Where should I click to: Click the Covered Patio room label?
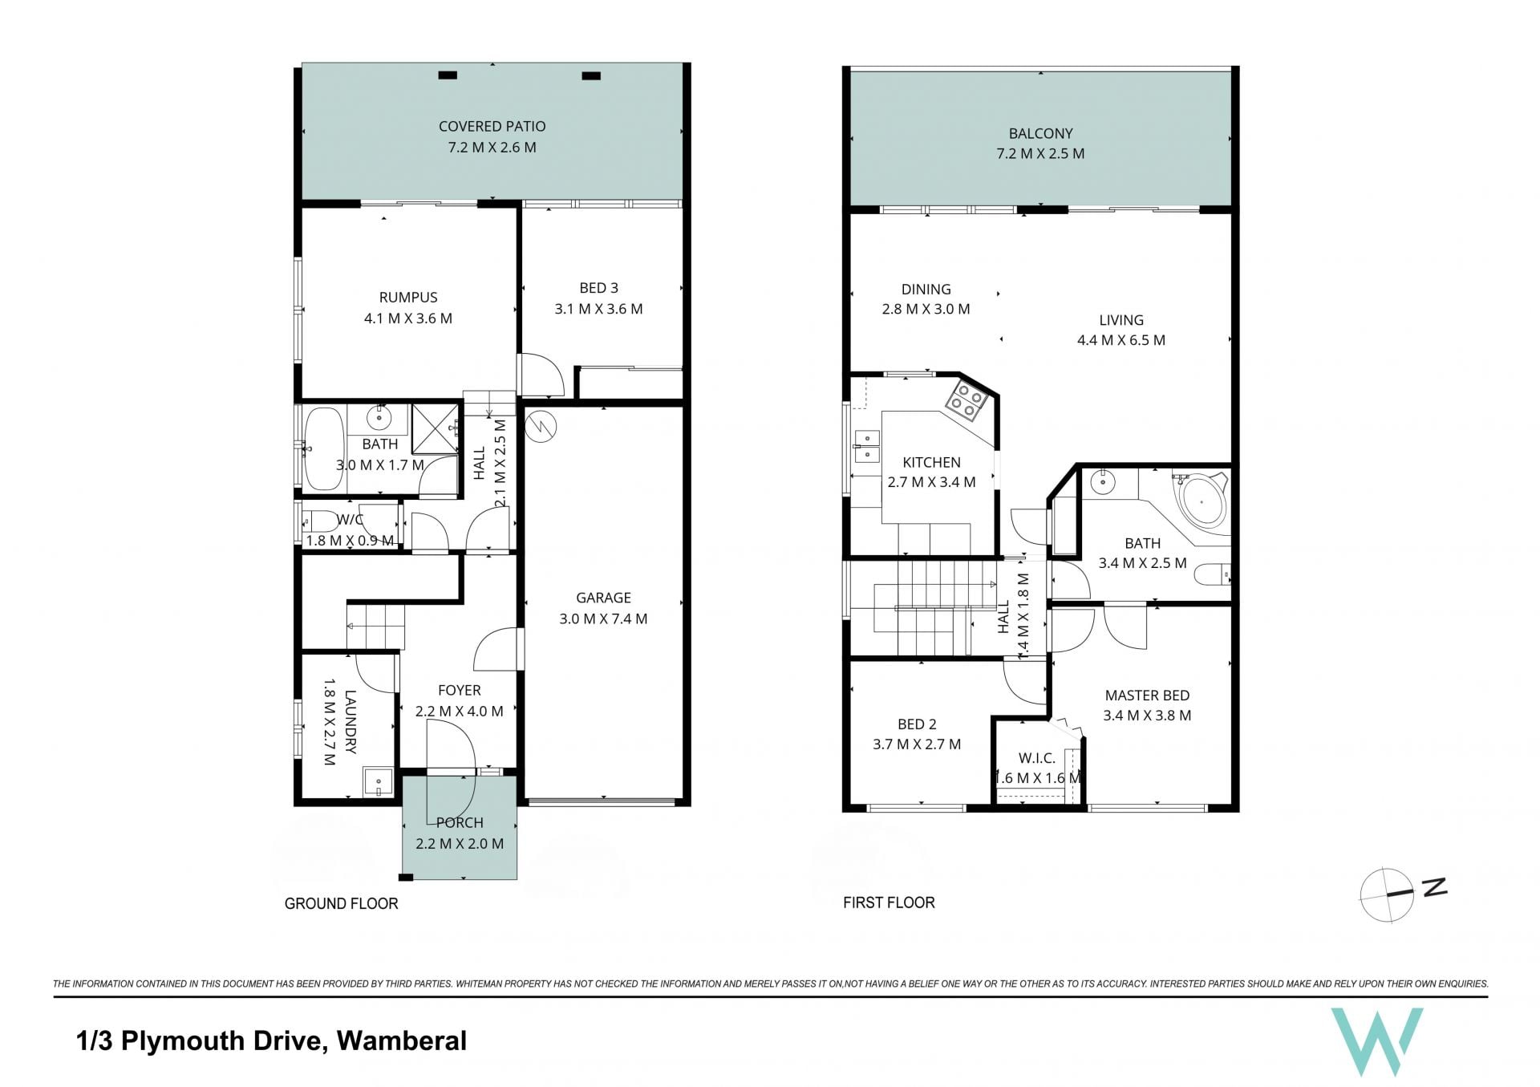[492, 126]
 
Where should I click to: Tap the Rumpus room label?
[408, 297]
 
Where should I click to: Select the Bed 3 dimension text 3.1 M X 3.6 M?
[598, 309]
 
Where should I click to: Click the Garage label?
[603, 598]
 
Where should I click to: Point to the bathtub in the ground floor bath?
[323, 448]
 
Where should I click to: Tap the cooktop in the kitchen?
[965, 403]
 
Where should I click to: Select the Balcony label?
[1040, 133]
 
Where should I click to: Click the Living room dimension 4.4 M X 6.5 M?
[1121, 340]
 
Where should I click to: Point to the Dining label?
[926, 289]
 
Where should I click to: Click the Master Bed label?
[1147, 696]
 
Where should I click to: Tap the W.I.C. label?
[1036, 758]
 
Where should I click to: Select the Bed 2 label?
[917, 724]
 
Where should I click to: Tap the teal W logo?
[1376, 1041]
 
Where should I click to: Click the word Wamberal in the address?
[402, 1041]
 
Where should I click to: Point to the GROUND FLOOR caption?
[342, 903]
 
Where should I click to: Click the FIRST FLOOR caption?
[889, 902]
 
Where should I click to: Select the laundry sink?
[377, 781]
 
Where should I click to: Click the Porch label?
[460, 823]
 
